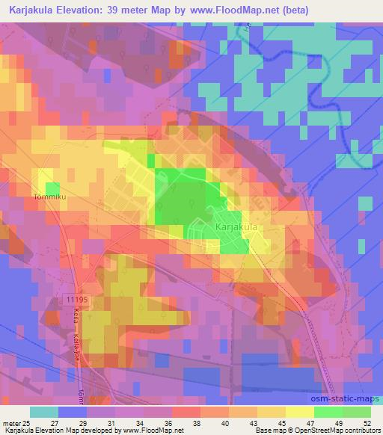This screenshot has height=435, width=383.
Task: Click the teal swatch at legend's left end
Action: coord(43,411)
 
